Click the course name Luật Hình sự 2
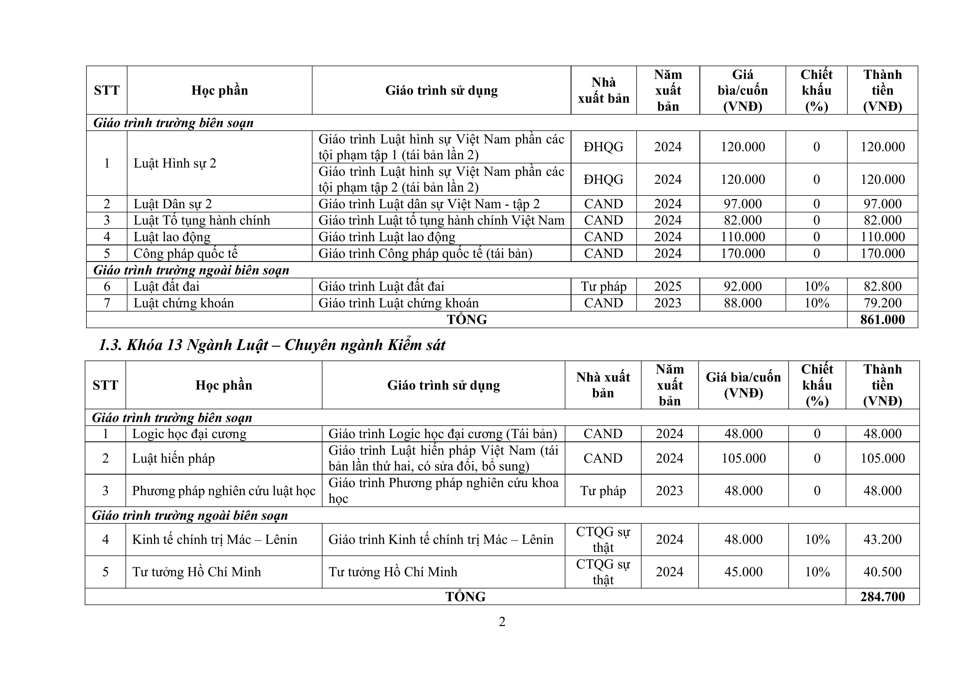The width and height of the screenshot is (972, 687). [175, 163]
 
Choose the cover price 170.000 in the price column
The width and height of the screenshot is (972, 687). [743, 254]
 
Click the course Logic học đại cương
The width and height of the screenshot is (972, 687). [189, 434]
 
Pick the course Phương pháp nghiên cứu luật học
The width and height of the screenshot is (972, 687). [224, 491]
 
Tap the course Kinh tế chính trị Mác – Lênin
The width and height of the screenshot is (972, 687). [215, 540]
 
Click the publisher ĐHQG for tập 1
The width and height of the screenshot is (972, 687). [603, 147]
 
